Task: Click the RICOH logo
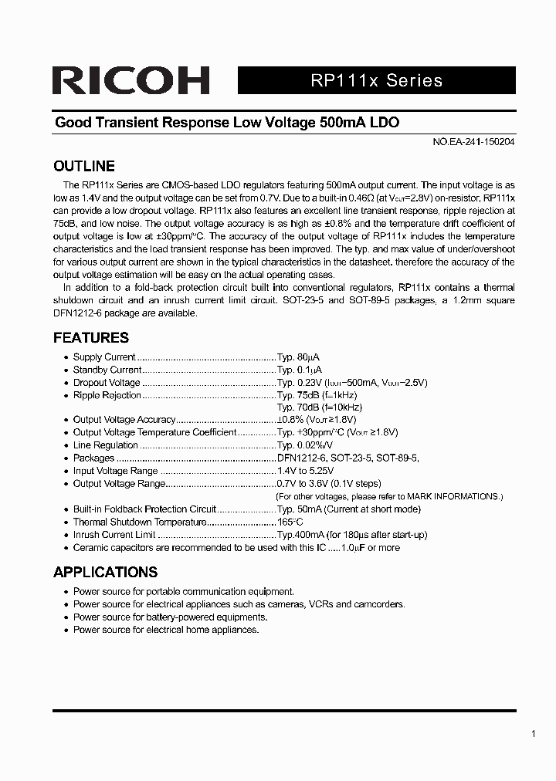click(131, 80)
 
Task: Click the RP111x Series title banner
click(377, 80)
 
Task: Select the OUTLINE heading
click(83, 166)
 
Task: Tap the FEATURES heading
click(90, 337)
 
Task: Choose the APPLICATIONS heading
click(105, 572)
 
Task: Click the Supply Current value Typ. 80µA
click(298, 357)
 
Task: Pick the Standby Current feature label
click(107, 370)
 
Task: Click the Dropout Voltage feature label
click(107, 383)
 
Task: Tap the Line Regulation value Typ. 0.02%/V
click(305, 445)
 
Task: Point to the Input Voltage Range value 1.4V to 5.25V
click(310, 471)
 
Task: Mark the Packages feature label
click(93, 458)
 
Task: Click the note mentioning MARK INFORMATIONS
click(389, 496)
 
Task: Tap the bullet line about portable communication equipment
click(183, 592)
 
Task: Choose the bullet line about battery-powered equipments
click(170, 617)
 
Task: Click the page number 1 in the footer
click(534, 734)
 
